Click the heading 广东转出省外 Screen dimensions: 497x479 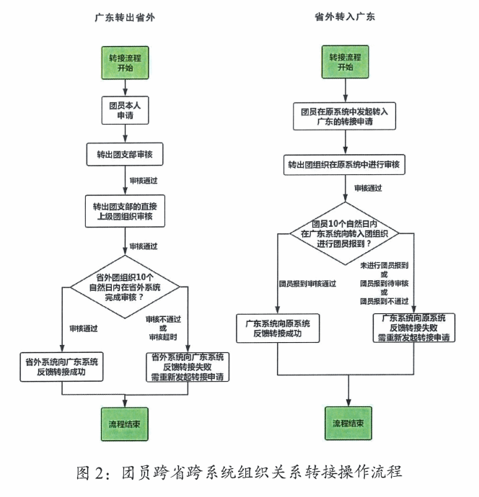pyautogui.click(x=126, y=17)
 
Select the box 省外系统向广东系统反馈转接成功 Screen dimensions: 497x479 pyautogui.click(x=62, y=365)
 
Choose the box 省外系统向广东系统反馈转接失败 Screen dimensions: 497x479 pyautogui.click(x=187, y=367)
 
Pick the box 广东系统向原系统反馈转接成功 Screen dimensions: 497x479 pyautogui.click(x=278, y=328)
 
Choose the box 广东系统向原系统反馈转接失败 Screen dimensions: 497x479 pyautogui.click(x=413, y=327)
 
